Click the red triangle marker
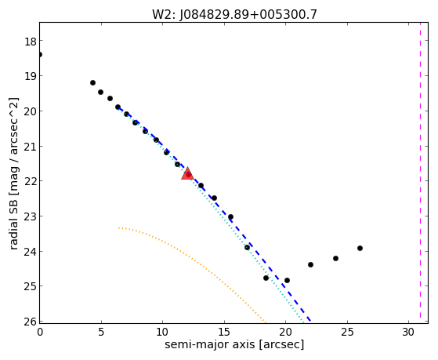pyautogui.click(x=187, y=173)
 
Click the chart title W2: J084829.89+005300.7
pyautogui.click(x=234, y=15)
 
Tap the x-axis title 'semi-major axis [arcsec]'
pyautogui.click(x=234, y=344)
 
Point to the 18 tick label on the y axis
pyautogui.click(x=31, y=42)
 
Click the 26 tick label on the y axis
pyautogui.click(x=31, y=322)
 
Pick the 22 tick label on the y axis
pyautogui.click(x=31, y=182)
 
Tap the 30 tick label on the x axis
pyautogui.click(x=408, y=333)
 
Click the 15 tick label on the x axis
pyautogui.click(x=224, y=333)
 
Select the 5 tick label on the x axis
pyautogui.click(x=101, y=333)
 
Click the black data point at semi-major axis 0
pyautogui.click(x=40, y=54)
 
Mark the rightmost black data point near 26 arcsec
pyautogui.click(x=360, y=248)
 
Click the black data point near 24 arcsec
pyautogui.click(x=336, y=259)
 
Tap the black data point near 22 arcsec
pyautogui.click(x=310, y=264)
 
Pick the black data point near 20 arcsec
pyautogui.click(x=287, y=280)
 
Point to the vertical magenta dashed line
pyautogui.click(x=420, y=171)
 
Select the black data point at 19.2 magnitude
pyautogui.click(x=92, y=82)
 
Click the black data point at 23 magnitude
pyautogui.click(x=230, y=216)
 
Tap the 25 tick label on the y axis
pyautogui.click(x=31, y=287)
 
